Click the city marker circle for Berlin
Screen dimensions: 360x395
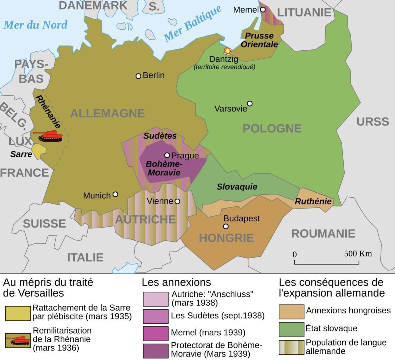[138, 76]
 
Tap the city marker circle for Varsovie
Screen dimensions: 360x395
[250, 104]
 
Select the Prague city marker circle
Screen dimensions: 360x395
[167, 155]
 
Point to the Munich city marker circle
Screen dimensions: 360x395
[115, 194]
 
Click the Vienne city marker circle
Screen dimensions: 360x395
[177, 201]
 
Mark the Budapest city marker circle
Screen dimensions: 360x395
[226, 226]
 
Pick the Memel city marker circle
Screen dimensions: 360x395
[263, 10]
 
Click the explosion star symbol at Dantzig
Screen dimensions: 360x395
[227, 51]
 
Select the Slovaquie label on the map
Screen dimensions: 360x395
[237, 187]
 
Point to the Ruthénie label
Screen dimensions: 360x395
[313, 201]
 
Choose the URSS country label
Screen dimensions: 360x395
[373, 122]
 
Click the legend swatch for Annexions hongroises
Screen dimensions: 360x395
[291, 312]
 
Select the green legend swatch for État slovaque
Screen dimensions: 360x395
[291, 329]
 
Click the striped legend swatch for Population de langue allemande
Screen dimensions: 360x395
[291, 347]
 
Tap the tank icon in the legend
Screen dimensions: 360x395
[18, 340]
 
